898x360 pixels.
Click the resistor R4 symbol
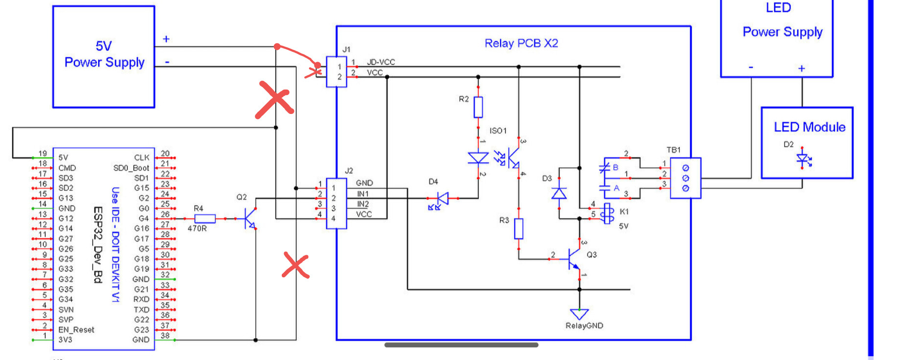coord(205,219)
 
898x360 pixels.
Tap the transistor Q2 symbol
coord(250,219)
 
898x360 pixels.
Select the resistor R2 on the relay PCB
coord(478,107)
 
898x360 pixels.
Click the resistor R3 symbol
coord(519,228)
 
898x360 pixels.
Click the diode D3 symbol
coord(559,193)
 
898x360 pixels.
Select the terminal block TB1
coord(685,178)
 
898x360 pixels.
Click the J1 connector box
coord(337,72)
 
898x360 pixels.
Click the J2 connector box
coord(337,203)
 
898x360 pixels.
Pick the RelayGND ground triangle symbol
coord(580,314)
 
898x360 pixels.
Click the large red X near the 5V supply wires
coord(274,100)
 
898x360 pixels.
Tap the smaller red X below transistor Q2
coord(295,266)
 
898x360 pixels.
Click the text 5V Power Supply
coord(104,54)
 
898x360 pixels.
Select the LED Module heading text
coord(809,127)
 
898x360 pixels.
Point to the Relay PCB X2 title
coord(521,44)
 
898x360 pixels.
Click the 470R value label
coord(197,228)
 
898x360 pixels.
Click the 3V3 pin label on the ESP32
coord(65,339)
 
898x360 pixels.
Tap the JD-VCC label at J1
coord(381,62)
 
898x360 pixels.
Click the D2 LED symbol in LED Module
coord(802,158)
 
